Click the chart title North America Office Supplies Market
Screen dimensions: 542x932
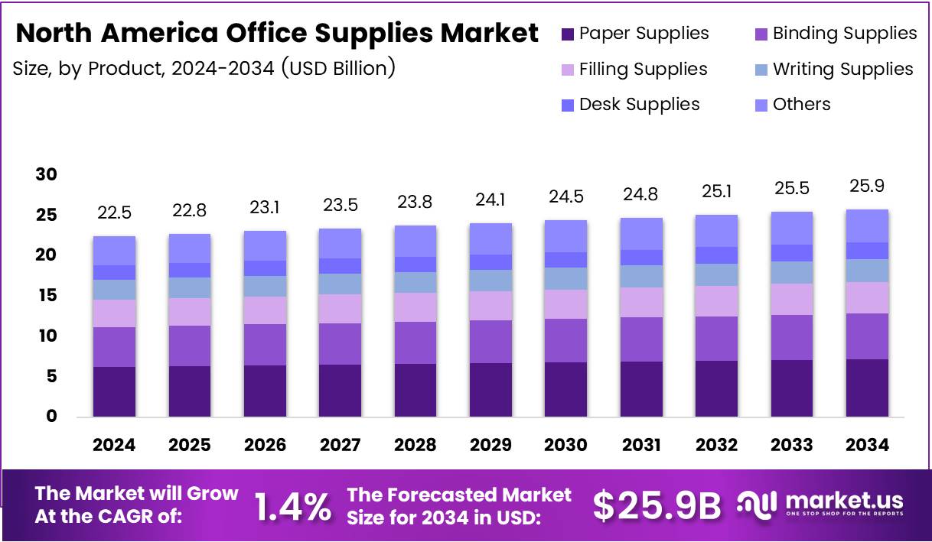(277, 34)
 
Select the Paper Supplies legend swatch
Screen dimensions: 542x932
(567, 34)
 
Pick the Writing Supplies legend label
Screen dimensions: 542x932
(842, 70)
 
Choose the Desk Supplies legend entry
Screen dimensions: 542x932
(639, 105)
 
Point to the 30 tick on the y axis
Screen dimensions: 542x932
(47, 175)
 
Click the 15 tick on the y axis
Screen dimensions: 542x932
(47, 296)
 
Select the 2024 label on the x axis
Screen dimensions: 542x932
(115, 445)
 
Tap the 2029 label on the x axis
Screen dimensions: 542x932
(490, 445)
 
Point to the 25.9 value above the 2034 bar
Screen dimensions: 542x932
(867, 186)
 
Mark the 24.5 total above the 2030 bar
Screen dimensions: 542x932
(566, 197)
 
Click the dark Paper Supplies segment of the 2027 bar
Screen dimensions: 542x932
(341, 390)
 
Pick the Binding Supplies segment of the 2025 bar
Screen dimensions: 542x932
(190, 346)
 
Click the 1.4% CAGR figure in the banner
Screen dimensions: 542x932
(292, 506)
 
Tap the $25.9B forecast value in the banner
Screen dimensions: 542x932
(657, 505)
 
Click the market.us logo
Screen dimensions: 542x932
(820, 504)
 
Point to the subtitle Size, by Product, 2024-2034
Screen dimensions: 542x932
(204, 68)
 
